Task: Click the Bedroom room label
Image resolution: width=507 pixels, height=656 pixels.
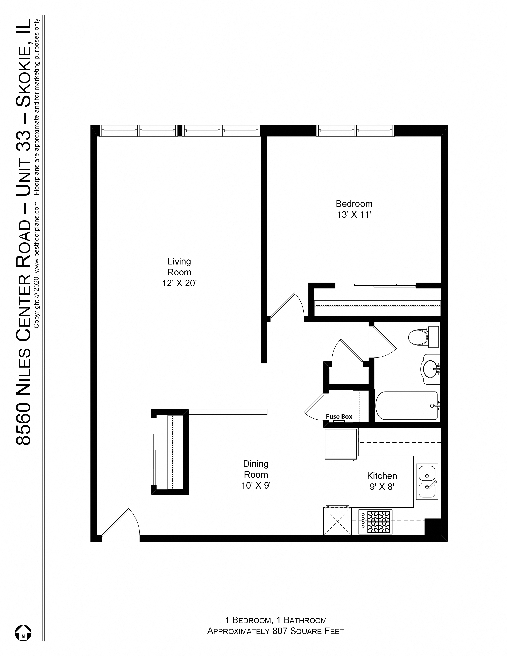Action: point(354,204)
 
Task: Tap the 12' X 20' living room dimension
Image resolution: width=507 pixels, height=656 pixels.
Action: point(179,283)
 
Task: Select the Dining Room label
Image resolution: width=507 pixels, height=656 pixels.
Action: point(256,469)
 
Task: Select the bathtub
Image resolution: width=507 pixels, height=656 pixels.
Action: point(406,405)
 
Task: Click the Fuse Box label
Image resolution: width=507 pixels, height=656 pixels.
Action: point(339,417)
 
